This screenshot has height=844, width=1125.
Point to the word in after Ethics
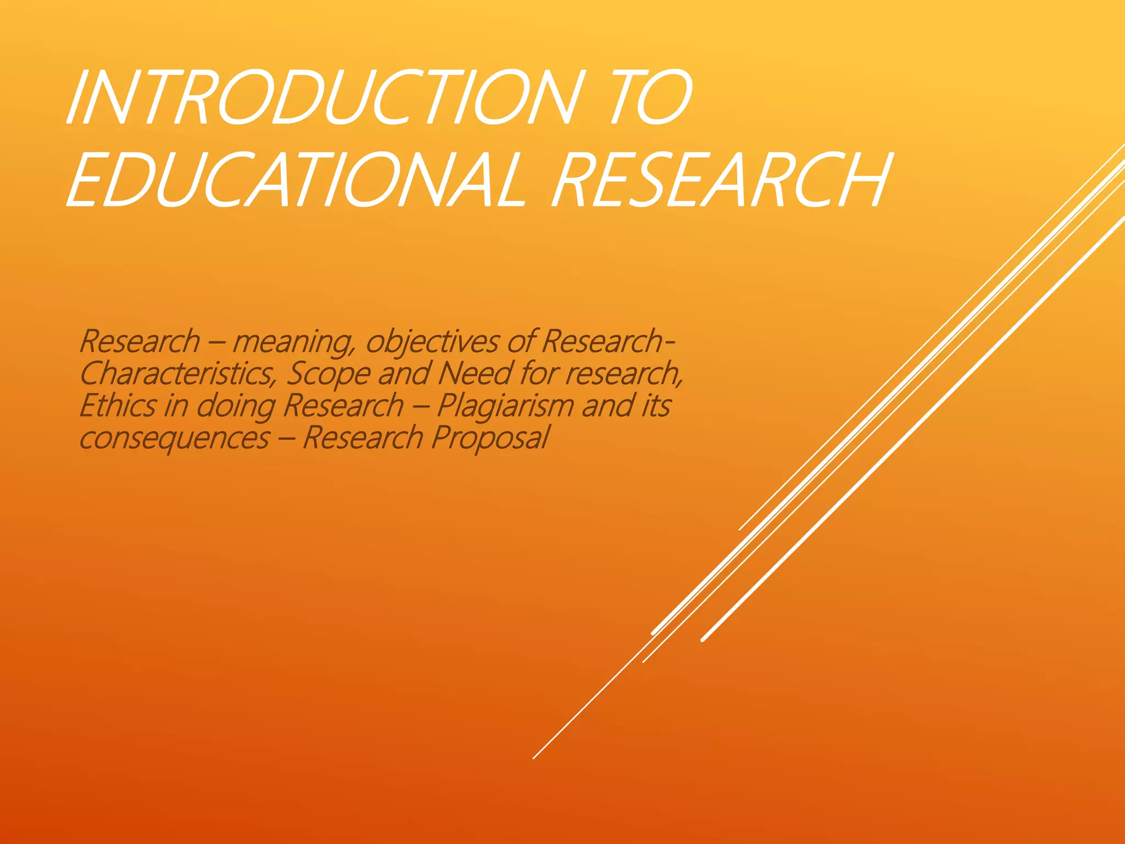[176, 406]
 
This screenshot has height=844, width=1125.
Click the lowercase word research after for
[623, 374]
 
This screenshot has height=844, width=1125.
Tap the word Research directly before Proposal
[362, 438]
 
